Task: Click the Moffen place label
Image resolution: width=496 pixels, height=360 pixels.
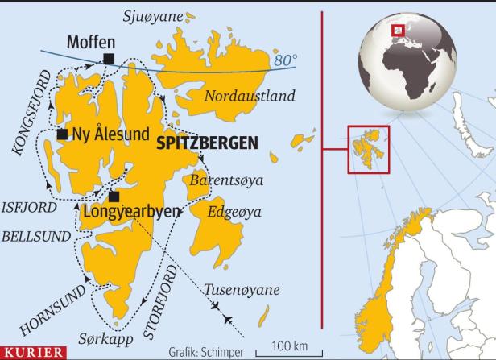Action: pyautogui.click(x=91, y=40)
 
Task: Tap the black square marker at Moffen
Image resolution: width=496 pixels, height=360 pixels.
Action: pyautogui.click(x=108, y=56)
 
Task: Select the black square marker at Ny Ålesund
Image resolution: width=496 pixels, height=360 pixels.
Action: pyautogui.click(x=61, y=134)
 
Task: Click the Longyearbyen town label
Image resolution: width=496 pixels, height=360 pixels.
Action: pyautogui.click(x=130, y=213)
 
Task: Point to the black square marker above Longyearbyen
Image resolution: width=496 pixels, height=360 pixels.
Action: pyautogui.click(x=114, y=196)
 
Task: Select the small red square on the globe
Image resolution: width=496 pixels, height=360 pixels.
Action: pyautogui.click(x=396, y=31)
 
